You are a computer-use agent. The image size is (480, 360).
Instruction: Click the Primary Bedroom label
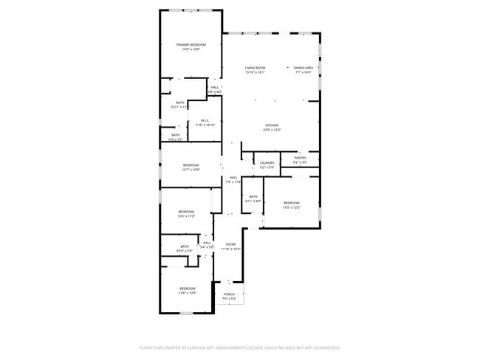(191, 45)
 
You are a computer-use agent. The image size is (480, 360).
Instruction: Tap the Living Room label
(255, 68)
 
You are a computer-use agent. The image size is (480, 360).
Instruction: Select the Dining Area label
(304, 68)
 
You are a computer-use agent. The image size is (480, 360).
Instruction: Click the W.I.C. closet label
(205, 121)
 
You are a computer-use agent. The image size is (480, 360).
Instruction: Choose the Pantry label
(300, 157)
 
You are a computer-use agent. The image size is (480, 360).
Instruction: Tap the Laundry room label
(267, 163)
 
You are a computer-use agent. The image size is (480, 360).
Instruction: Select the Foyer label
(230, 244)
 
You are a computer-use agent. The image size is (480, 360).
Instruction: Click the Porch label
(229, 294)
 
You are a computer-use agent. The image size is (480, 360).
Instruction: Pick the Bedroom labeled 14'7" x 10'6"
(191, 165)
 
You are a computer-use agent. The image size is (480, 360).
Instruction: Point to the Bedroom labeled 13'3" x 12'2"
(292, 203)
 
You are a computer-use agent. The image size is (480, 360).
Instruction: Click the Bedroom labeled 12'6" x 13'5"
(187, 288)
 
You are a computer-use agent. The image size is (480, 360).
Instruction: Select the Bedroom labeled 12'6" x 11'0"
(186, 212)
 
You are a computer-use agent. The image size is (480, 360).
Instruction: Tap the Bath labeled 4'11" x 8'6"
(253, 195)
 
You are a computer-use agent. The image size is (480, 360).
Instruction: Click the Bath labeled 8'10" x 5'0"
(184, 246)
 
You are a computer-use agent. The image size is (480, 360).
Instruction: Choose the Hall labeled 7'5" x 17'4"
(233, 178)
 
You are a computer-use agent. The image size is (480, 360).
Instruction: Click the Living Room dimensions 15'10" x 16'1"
(255, 72)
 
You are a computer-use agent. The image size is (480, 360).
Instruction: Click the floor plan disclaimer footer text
(240, 347)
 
